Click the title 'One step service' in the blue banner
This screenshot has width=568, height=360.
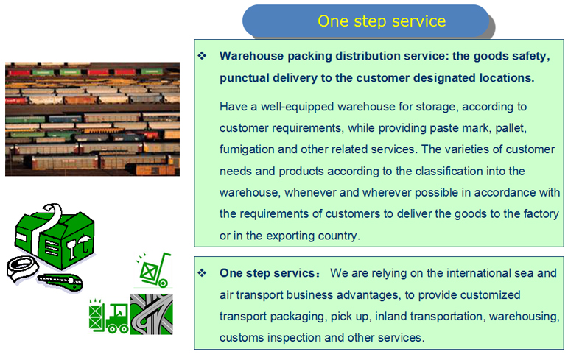[x=382, y=21]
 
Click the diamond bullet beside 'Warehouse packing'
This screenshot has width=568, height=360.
[x=202, y=56]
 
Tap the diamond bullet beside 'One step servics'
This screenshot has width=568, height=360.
[x=202, y=272]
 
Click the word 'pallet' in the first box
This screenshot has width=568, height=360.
[x=511, y=128]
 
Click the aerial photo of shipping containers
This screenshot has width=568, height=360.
[x=92, y=119]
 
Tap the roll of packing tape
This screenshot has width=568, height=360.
[x=22, y=269]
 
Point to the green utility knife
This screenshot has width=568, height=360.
[x=60, y=282]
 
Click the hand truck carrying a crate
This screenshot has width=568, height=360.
[x=154, y=270]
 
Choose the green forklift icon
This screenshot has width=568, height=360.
[x=109, y=316]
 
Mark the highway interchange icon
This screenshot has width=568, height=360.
[x=152, y=314]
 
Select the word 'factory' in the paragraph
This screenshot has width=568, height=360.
[x=541, y=214]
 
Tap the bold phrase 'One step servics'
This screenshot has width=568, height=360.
[x=267, y=273]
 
